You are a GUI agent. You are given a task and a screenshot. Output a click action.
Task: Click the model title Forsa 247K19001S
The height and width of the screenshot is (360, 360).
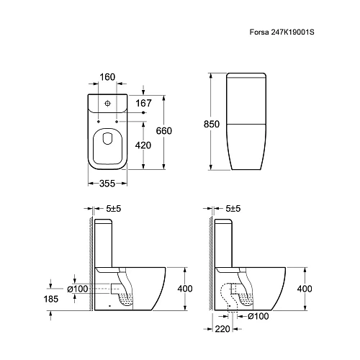(x=282, y=32)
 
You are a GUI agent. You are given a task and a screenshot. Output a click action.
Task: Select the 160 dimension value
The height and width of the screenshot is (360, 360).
(x=107, y=77)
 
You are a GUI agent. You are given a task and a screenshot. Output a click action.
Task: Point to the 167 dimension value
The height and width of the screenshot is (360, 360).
(x=143, y=103)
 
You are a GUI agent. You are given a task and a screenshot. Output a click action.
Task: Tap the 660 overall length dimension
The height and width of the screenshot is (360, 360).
(x=164, y=131)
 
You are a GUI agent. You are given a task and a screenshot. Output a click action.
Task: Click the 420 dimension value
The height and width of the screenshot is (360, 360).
(x=143, y=145)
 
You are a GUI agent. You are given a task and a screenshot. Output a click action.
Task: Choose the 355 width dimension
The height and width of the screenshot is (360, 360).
(x=107, y=184)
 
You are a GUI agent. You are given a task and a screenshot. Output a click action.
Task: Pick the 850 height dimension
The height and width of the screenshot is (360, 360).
(x=212, y=124)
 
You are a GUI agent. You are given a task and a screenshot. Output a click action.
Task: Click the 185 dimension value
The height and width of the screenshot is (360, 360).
(x=51, y=299)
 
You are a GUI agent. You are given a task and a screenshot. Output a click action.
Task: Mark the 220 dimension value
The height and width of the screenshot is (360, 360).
(x=222, y=329)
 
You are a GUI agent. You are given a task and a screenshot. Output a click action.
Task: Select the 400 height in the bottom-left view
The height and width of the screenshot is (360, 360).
(x=185, y=289)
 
